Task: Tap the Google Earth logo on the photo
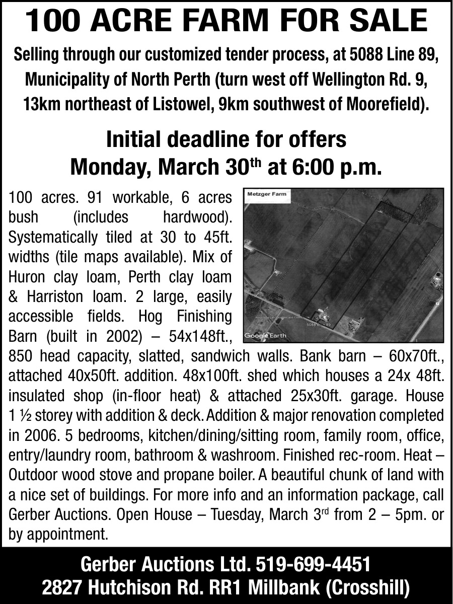pos(265,336)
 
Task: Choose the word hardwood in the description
pos(197,217)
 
